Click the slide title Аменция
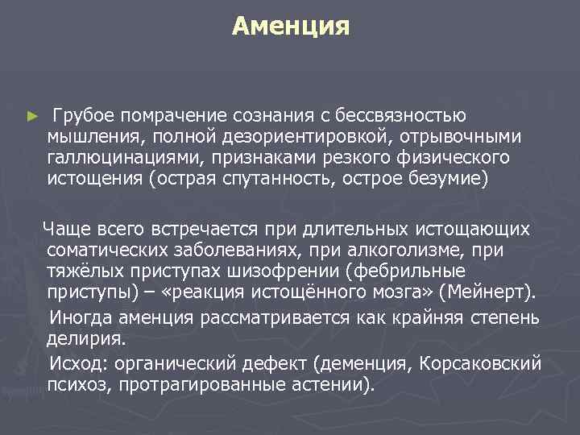(x=290, y=27)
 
